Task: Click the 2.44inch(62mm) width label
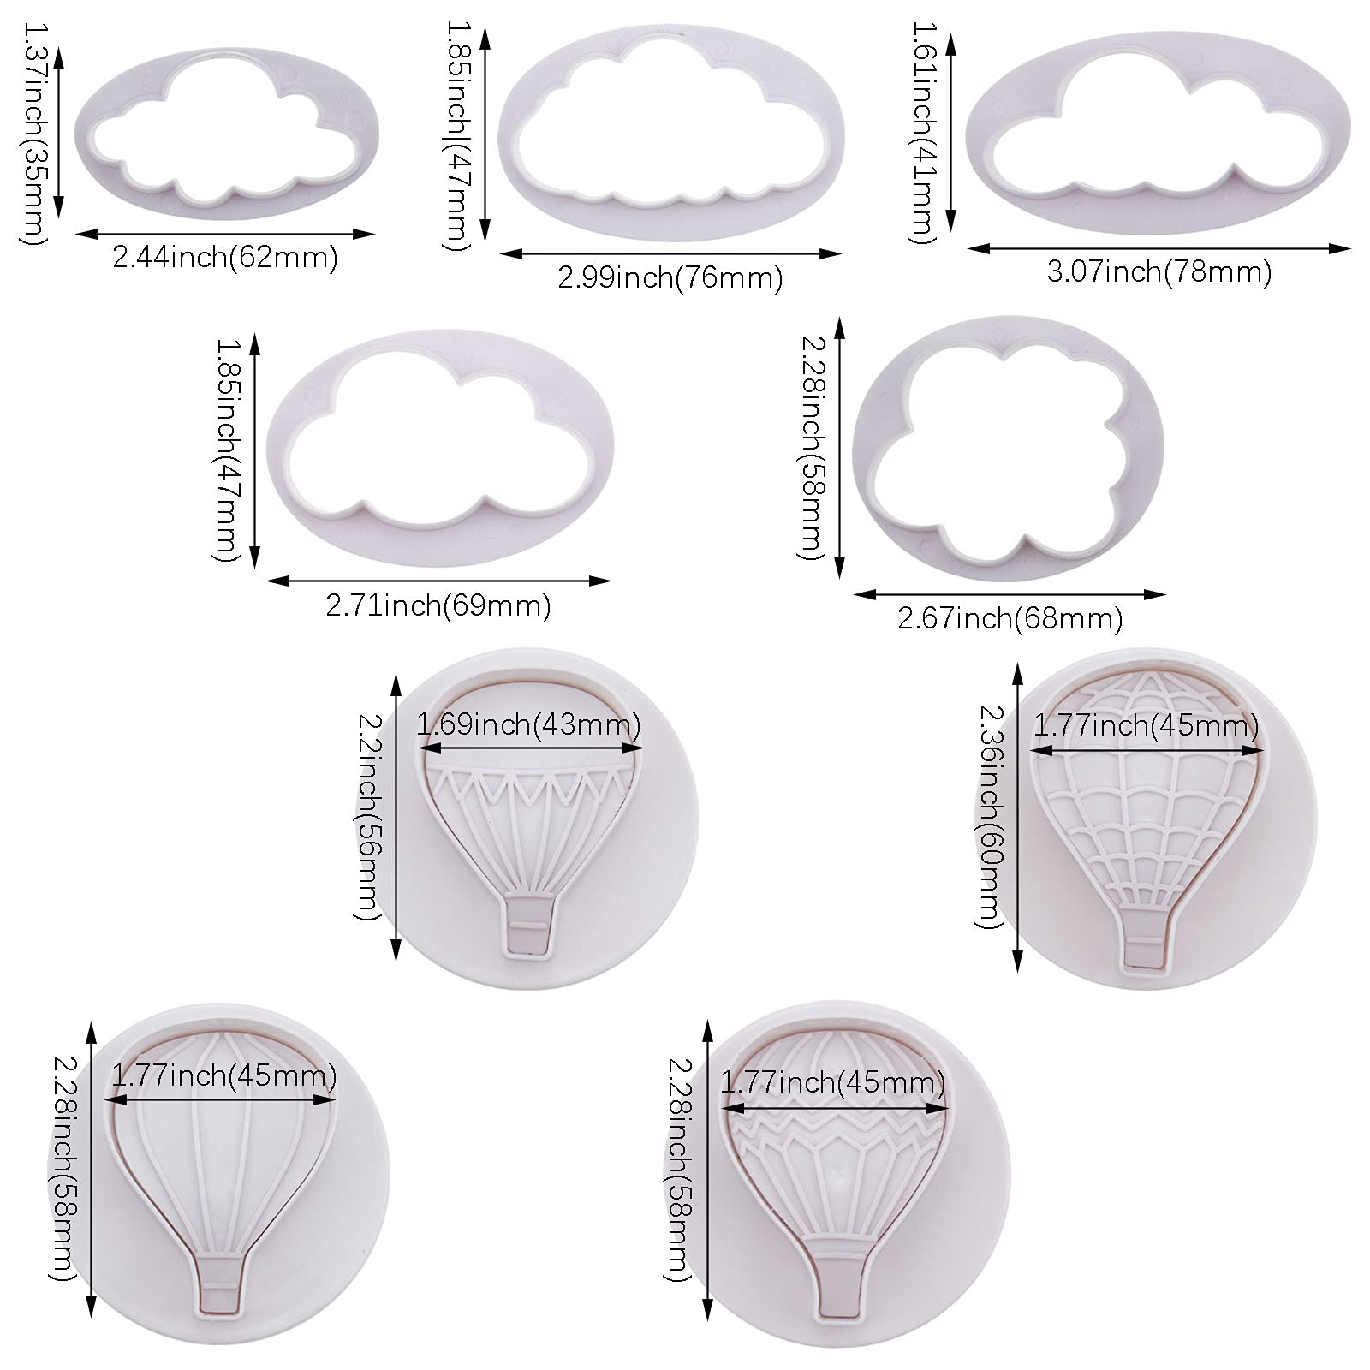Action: pyautogui.click(x=225, y=257)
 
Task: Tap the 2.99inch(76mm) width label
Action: pyautogui.click(x=670, y=278)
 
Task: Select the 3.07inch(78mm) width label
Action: pyautogui.click(x=1159, y=272)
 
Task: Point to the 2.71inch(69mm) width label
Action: pyautogui.click(x=438, y=606)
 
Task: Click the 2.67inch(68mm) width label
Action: pyautogui.click(x=1010, y=618)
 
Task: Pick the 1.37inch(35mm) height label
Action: pyautogui.click(x=33, y=134)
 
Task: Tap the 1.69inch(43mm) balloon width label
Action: pyautogui.click(x=528, y=726)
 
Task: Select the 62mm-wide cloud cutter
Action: pyautogui.click(x=226, y=128)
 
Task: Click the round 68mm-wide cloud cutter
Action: pyautogui.click(x=1009, y=449)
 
